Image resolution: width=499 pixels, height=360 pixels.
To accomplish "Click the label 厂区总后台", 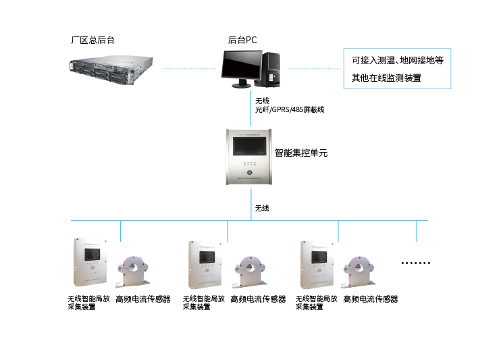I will click(x=93, y=41).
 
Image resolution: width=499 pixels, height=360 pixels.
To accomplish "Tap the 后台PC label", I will click(x=242, y=41).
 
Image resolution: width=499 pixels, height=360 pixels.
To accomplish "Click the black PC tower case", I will click(x=271, y=68).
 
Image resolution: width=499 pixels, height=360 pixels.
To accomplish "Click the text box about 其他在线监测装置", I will click(x=396, y=68).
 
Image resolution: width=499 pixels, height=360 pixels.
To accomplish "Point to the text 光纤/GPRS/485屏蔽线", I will click(x=284, y=109).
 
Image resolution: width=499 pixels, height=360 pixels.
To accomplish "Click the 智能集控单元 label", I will click(x=300, y=153).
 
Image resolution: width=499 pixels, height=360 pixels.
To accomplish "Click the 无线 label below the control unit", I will click(x=262, y=208).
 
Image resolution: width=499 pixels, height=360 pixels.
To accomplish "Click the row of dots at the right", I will click(x=415, y=262).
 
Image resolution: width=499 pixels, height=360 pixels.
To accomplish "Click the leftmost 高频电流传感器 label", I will click(x=142, y=299).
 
